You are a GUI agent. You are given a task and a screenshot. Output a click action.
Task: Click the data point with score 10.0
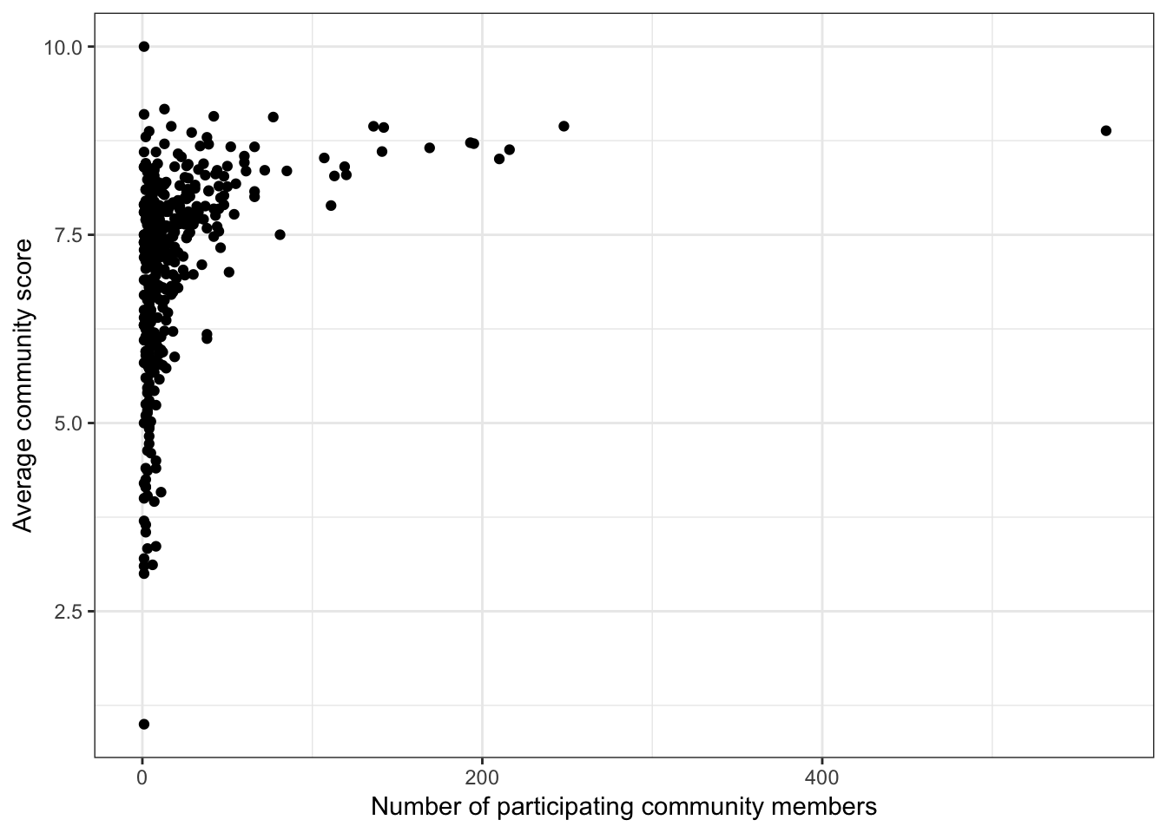coord(144,47)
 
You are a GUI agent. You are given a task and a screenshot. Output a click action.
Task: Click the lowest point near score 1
coord(144,724)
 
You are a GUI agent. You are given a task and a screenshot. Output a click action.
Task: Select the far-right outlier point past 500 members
coord(1105,131)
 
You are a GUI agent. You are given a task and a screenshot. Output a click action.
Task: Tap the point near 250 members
coord(564,126)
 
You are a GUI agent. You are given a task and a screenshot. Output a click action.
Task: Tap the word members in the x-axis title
coord(825,807)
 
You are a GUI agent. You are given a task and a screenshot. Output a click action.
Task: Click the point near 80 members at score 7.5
coord(280,234)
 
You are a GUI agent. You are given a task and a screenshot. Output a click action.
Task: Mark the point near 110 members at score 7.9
coord(331,206)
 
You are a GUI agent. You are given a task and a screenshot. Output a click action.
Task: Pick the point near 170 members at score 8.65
coord(429,148)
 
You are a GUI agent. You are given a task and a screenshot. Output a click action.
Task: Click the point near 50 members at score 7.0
coord(229,272)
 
